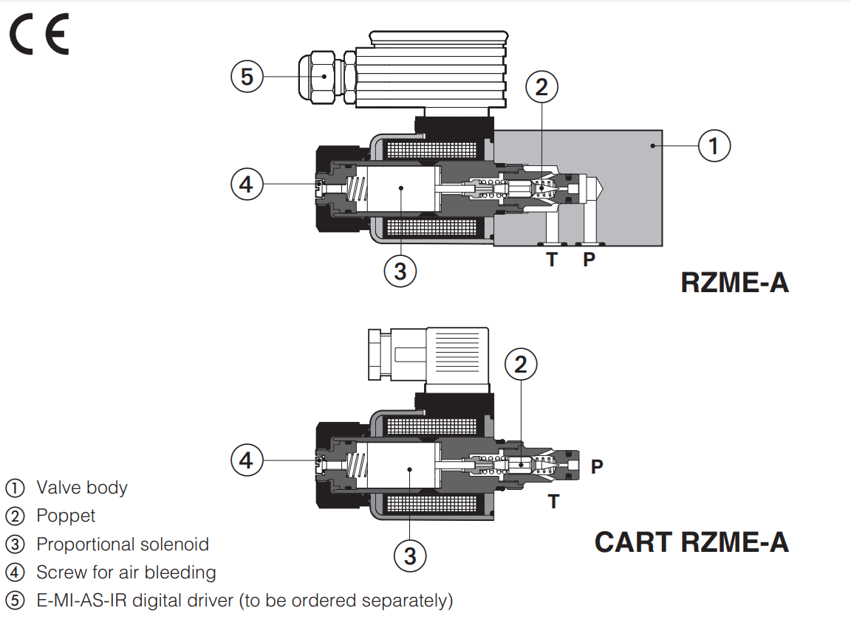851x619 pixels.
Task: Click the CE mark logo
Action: click(x=38, y=35)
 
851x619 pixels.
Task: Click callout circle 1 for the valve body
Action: click(x=714, y=145)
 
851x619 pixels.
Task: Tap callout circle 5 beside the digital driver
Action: click(x=247, y=76)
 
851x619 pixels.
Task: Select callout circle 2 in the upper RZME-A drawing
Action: click(x=541, y=87)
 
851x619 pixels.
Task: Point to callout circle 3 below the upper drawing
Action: click(x=400, y=271)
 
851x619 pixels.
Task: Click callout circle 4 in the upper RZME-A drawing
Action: click(x=247, y=184)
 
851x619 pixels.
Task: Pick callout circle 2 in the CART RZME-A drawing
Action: click(x=521, y=364)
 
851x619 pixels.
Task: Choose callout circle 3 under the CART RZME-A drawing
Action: click(x=410, y=555)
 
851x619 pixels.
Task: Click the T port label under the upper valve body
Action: click(x=552, y=260)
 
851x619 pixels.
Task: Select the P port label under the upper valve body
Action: click(x=589, y=260)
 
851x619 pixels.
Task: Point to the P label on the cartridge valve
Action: click(x=597, y=466)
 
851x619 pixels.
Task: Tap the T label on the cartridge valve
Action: click(x=553, y=502)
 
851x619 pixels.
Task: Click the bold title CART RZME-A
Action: click(x=691, y=542)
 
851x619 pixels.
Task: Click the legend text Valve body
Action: click(x=81, y=488)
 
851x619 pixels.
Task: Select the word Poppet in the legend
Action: click(x=66, y=516)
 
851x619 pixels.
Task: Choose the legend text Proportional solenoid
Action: click(x=123, y=544)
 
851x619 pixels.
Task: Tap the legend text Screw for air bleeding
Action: click(x=126, y=573)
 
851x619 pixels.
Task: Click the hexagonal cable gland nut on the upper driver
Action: click(x=323, y=76)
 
